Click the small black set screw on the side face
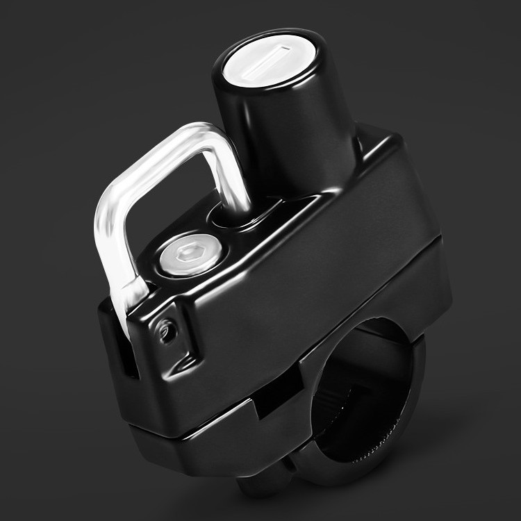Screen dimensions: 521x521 (165, 333)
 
